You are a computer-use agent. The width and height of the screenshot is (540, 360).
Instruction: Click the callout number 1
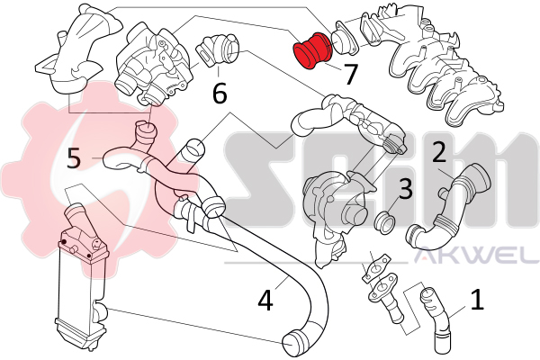tap(477, 299)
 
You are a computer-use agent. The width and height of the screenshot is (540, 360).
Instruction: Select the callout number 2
tap(439, 151)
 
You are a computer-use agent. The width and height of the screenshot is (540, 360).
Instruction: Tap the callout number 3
tap(405, 188)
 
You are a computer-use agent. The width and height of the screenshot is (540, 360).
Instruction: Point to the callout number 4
tap(265, 299)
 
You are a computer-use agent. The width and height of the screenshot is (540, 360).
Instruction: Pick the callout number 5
tap(74, 157)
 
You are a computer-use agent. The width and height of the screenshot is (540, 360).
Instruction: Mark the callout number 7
tap(350, 74)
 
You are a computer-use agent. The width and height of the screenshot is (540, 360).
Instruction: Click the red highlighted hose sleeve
tap(312, 50)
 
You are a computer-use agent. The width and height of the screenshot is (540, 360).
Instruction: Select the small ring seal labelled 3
tap(384, 222)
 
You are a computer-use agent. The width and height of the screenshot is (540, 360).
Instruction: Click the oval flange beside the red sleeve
tap(344, 42)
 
